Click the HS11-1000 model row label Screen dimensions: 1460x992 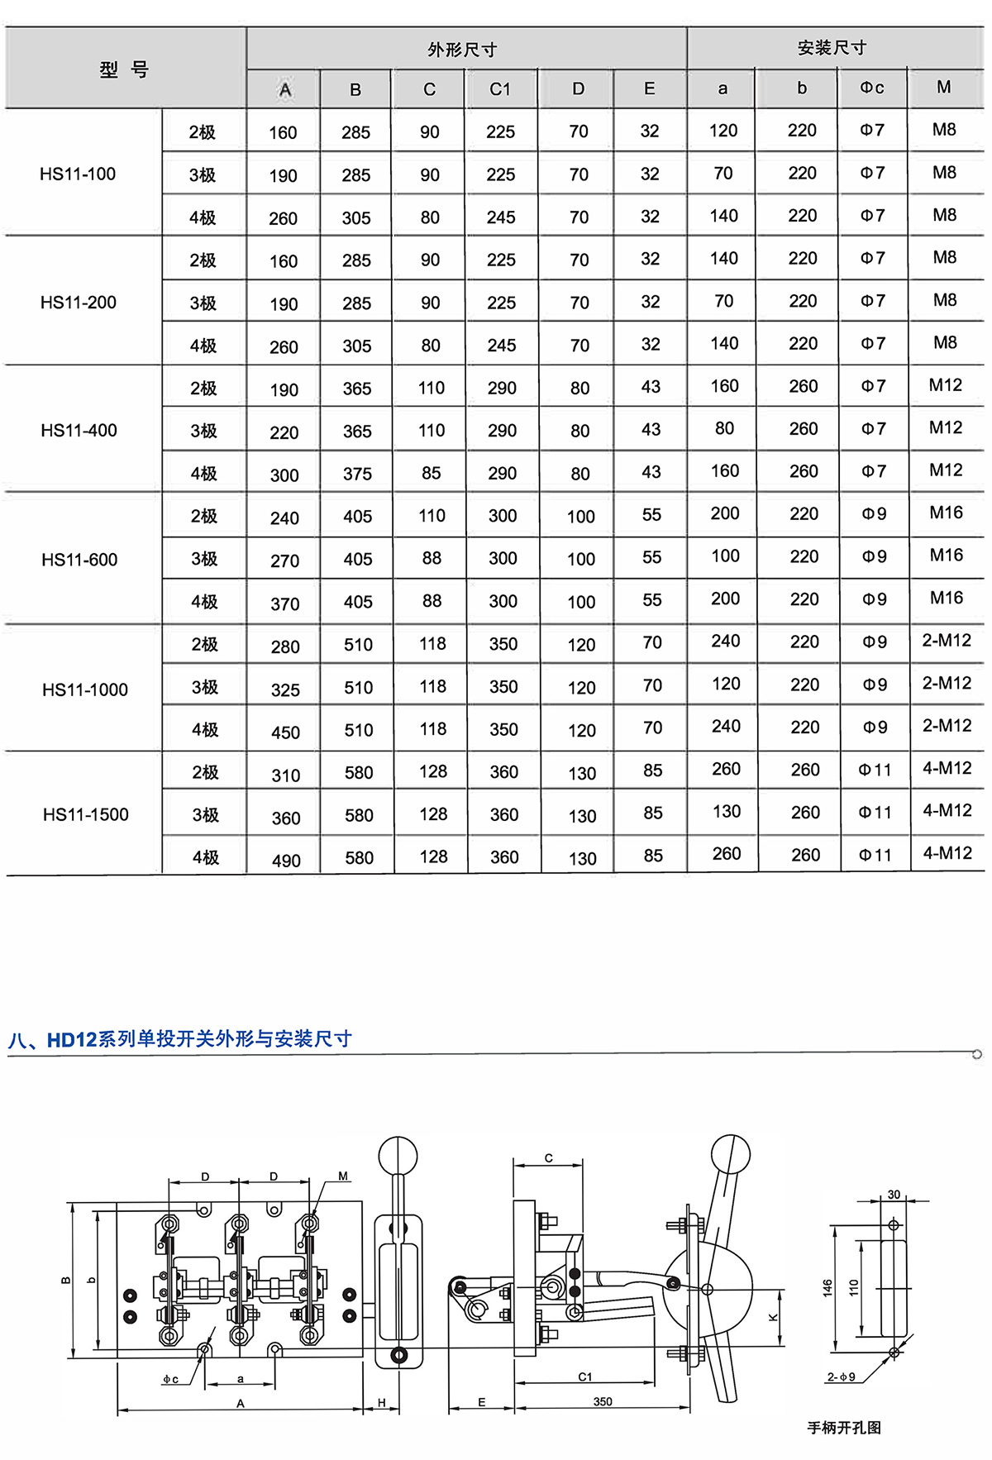coord(85,689)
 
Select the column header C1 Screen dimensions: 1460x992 coord(500,89)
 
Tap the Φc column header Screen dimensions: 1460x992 coord(872,88)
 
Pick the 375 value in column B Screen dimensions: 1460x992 coord(358,474)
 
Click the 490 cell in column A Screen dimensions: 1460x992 coord(286,861)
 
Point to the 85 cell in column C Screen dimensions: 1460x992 coord(432,473)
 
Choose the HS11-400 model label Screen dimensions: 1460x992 coord(79,430)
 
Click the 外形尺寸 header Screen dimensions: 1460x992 coord(462,50)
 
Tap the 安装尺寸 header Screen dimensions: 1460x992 coord(832,48)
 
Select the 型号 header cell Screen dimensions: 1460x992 coord(124,69)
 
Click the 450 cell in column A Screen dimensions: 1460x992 coord(285,732)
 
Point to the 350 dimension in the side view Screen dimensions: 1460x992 coord(603,1401)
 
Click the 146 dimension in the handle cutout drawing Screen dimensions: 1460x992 coord(828,1288)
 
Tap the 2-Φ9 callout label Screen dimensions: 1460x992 coord(841,1377)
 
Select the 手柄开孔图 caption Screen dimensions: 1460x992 coord(844,1428)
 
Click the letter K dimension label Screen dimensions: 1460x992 coord(774,1317)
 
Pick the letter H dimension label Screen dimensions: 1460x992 coord(382,1402)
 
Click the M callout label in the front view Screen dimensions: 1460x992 coord(343,1176)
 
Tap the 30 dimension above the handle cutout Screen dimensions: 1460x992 coord(894,1195)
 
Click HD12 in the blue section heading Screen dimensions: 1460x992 coord(72,1039)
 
